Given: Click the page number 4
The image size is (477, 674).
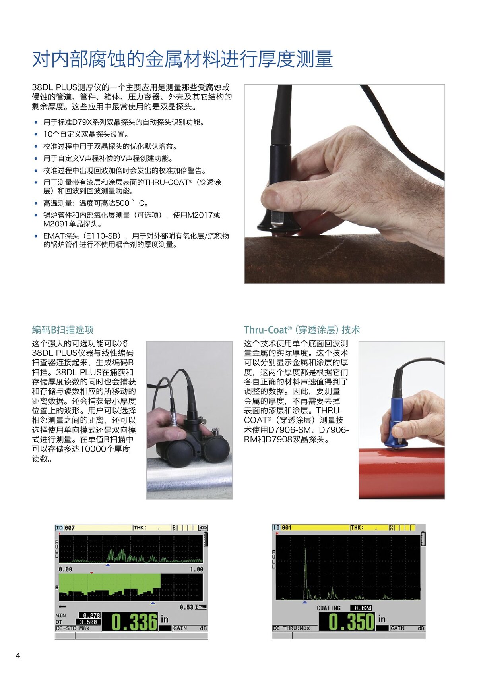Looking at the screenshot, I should [x=18, y=655].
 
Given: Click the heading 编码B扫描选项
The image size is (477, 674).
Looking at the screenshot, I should [x=63, y=330].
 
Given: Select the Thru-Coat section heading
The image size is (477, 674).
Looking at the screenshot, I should [x=302, y=330].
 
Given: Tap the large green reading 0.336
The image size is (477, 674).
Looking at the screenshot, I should [x=134, y=622].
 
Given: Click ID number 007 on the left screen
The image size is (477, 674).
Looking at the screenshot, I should [x=70, y=528].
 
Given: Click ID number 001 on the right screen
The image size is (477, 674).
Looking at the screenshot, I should [x=286, y=527].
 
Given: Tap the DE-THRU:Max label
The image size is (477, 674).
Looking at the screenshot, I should [x=291, y=628].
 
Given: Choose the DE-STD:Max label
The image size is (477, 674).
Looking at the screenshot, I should [x=73, y=628].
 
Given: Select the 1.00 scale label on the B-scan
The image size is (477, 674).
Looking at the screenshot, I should [x=196, y=569].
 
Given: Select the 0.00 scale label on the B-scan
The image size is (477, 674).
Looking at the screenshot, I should [x=66, y=569].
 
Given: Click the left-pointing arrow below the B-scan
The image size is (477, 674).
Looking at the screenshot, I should [x=62, y=606].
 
